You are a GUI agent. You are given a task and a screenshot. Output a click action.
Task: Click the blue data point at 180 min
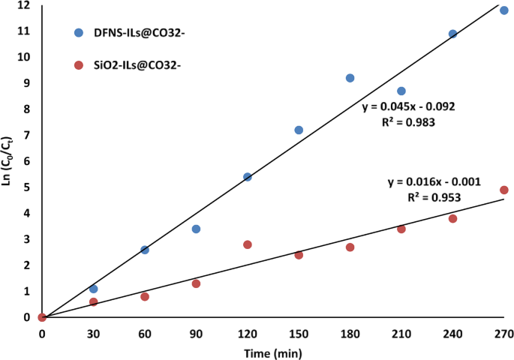coord(350,78)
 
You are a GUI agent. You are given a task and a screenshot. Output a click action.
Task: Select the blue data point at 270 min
coord(504,10)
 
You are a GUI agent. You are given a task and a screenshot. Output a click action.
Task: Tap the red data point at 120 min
coord(248,244)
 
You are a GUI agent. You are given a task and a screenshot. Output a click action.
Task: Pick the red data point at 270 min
coord(504,190)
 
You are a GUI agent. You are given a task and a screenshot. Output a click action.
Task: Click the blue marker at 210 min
coord(401,91)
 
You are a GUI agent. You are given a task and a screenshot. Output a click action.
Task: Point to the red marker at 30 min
coord(94,301)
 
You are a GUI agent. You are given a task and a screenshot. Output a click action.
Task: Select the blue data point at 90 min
coord(196,229)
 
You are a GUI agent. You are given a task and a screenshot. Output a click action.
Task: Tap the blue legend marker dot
coord(79,33)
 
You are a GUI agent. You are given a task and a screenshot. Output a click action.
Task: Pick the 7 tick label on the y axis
coord(27,135)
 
